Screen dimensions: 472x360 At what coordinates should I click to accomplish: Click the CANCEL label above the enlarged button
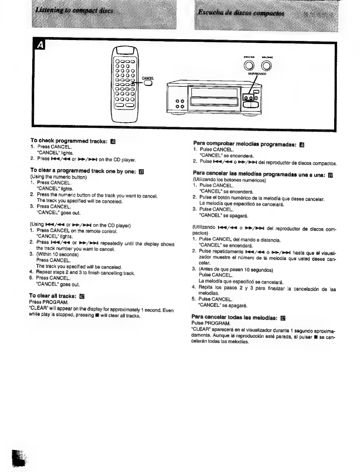(x=147, y=78)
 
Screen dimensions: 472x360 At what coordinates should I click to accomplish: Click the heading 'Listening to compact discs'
(x=74, y=11)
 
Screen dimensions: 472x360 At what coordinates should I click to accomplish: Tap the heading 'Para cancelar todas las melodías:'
(x=234, y=317)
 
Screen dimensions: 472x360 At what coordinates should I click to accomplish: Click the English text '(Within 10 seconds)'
(x=57, y=254)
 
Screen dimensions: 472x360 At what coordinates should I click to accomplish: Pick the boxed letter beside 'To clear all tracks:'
(x=81, y=296)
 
